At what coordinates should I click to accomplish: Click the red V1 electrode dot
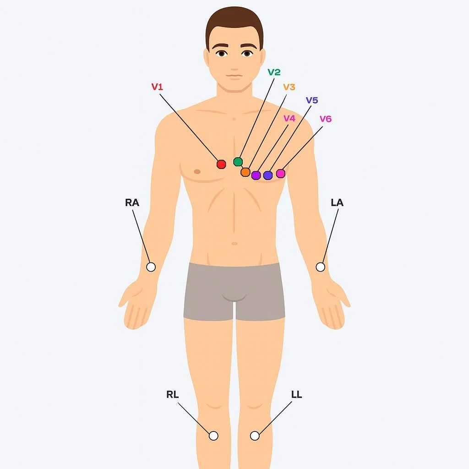221,164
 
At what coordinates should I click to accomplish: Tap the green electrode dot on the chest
238,161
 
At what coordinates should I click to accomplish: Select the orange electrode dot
245,172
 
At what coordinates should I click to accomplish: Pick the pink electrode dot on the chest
280,173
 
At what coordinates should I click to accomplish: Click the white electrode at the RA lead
151,267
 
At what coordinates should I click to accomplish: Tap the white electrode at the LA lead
321,267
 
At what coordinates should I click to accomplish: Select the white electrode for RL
213,436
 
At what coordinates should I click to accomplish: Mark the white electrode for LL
255,436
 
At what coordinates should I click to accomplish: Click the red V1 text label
157,86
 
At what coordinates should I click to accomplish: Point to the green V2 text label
274,72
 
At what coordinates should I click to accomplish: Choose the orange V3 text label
289,87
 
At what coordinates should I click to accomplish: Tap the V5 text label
312,100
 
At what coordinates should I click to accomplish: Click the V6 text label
325,119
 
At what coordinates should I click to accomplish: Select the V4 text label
289,118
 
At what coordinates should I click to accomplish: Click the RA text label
132,202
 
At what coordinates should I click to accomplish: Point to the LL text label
297,394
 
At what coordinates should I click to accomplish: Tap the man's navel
234,243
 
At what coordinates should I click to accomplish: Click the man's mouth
234,76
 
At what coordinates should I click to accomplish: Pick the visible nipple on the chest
197,172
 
